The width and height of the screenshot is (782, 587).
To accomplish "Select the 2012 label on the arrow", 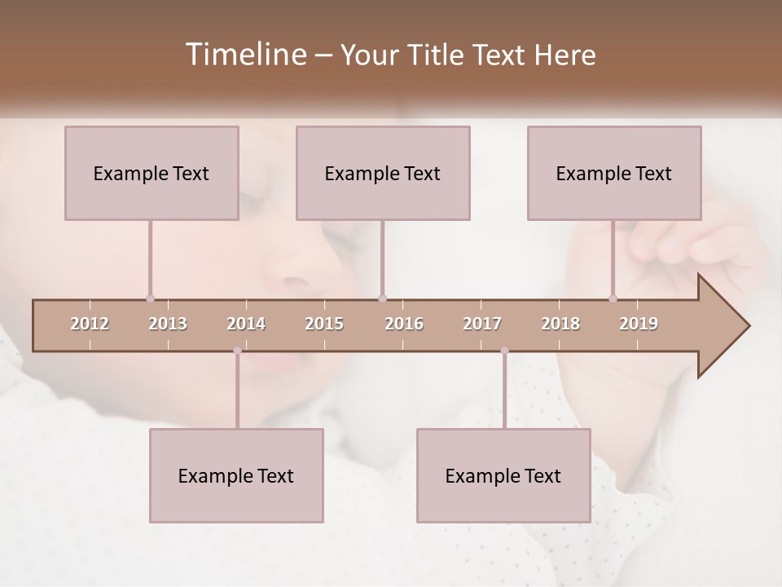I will point(90,324).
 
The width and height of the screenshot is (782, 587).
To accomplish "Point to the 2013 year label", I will point(168,324).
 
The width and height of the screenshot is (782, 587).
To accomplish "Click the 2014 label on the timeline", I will point(246,324).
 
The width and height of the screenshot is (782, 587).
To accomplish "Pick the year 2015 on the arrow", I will point(324,324).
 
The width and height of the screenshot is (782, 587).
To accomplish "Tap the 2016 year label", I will point(404,324).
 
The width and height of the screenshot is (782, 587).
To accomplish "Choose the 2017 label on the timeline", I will point(482,324).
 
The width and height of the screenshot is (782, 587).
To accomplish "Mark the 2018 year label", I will point(560,324).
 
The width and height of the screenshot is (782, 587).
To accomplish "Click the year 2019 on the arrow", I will point(639,324).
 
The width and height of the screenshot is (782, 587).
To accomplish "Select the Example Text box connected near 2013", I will point(152,173).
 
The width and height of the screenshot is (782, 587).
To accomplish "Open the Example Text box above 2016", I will point(383,173).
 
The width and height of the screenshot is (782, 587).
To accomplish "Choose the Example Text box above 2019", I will point(614,173).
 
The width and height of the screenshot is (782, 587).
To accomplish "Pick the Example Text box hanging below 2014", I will point(236,475).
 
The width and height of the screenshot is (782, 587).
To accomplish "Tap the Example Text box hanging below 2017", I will point(503,475).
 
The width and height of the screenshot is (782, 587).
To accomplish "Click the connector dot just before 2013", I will point(150,298).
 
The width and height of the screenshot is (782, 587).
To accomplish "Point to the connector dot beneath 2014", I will point(237,351).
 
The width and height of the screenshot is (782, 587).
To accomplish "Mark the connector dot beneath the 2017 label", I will point(504,351).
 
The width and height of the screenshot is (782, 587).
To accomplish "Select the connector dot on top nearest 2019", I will point(613,298).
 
